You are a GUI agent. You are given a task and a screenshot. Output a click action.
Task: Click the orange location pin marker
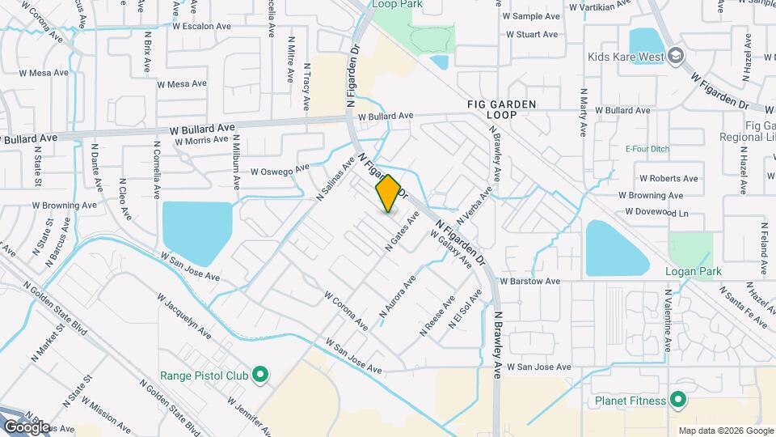[x=388, y=193]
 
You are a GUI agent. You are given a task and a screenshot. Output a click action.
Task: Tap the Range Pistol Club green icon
[x=260, y=375]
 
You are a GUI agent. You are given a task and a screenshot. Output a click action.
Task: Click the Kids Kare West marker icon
[x=676, y=56]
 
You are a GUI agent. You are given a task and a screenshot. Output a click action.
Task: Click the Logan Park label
[x=693, y=271]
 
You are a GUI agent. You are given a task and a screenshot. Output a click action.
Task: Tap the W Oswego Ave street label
[x=280, y=170]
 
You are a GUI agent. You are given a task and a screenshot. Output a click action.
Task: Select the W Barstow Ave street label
[x=529, y=282]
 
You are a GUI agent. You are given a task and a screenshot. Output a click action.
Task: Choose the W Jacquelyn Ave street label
[x=187, y=322]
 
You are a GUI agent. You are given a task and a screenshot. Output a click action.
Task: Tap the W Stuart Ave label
[x=532, y=35]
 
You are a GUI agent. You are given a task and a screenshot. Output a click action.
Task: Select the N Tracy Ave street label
[x=306, y=87]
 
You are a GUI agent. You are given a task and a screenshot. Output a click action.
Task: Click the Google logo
[x=27, y=426]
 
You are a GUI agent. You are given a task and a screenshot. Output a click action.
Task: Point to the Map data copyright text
[x=725, y=431]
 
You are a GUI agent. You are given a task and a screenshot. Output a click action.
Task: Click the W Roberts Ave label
[x=668, y=178]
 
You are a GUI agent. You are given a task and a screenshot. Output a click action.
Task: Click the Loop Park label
[x=396, y=4]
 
